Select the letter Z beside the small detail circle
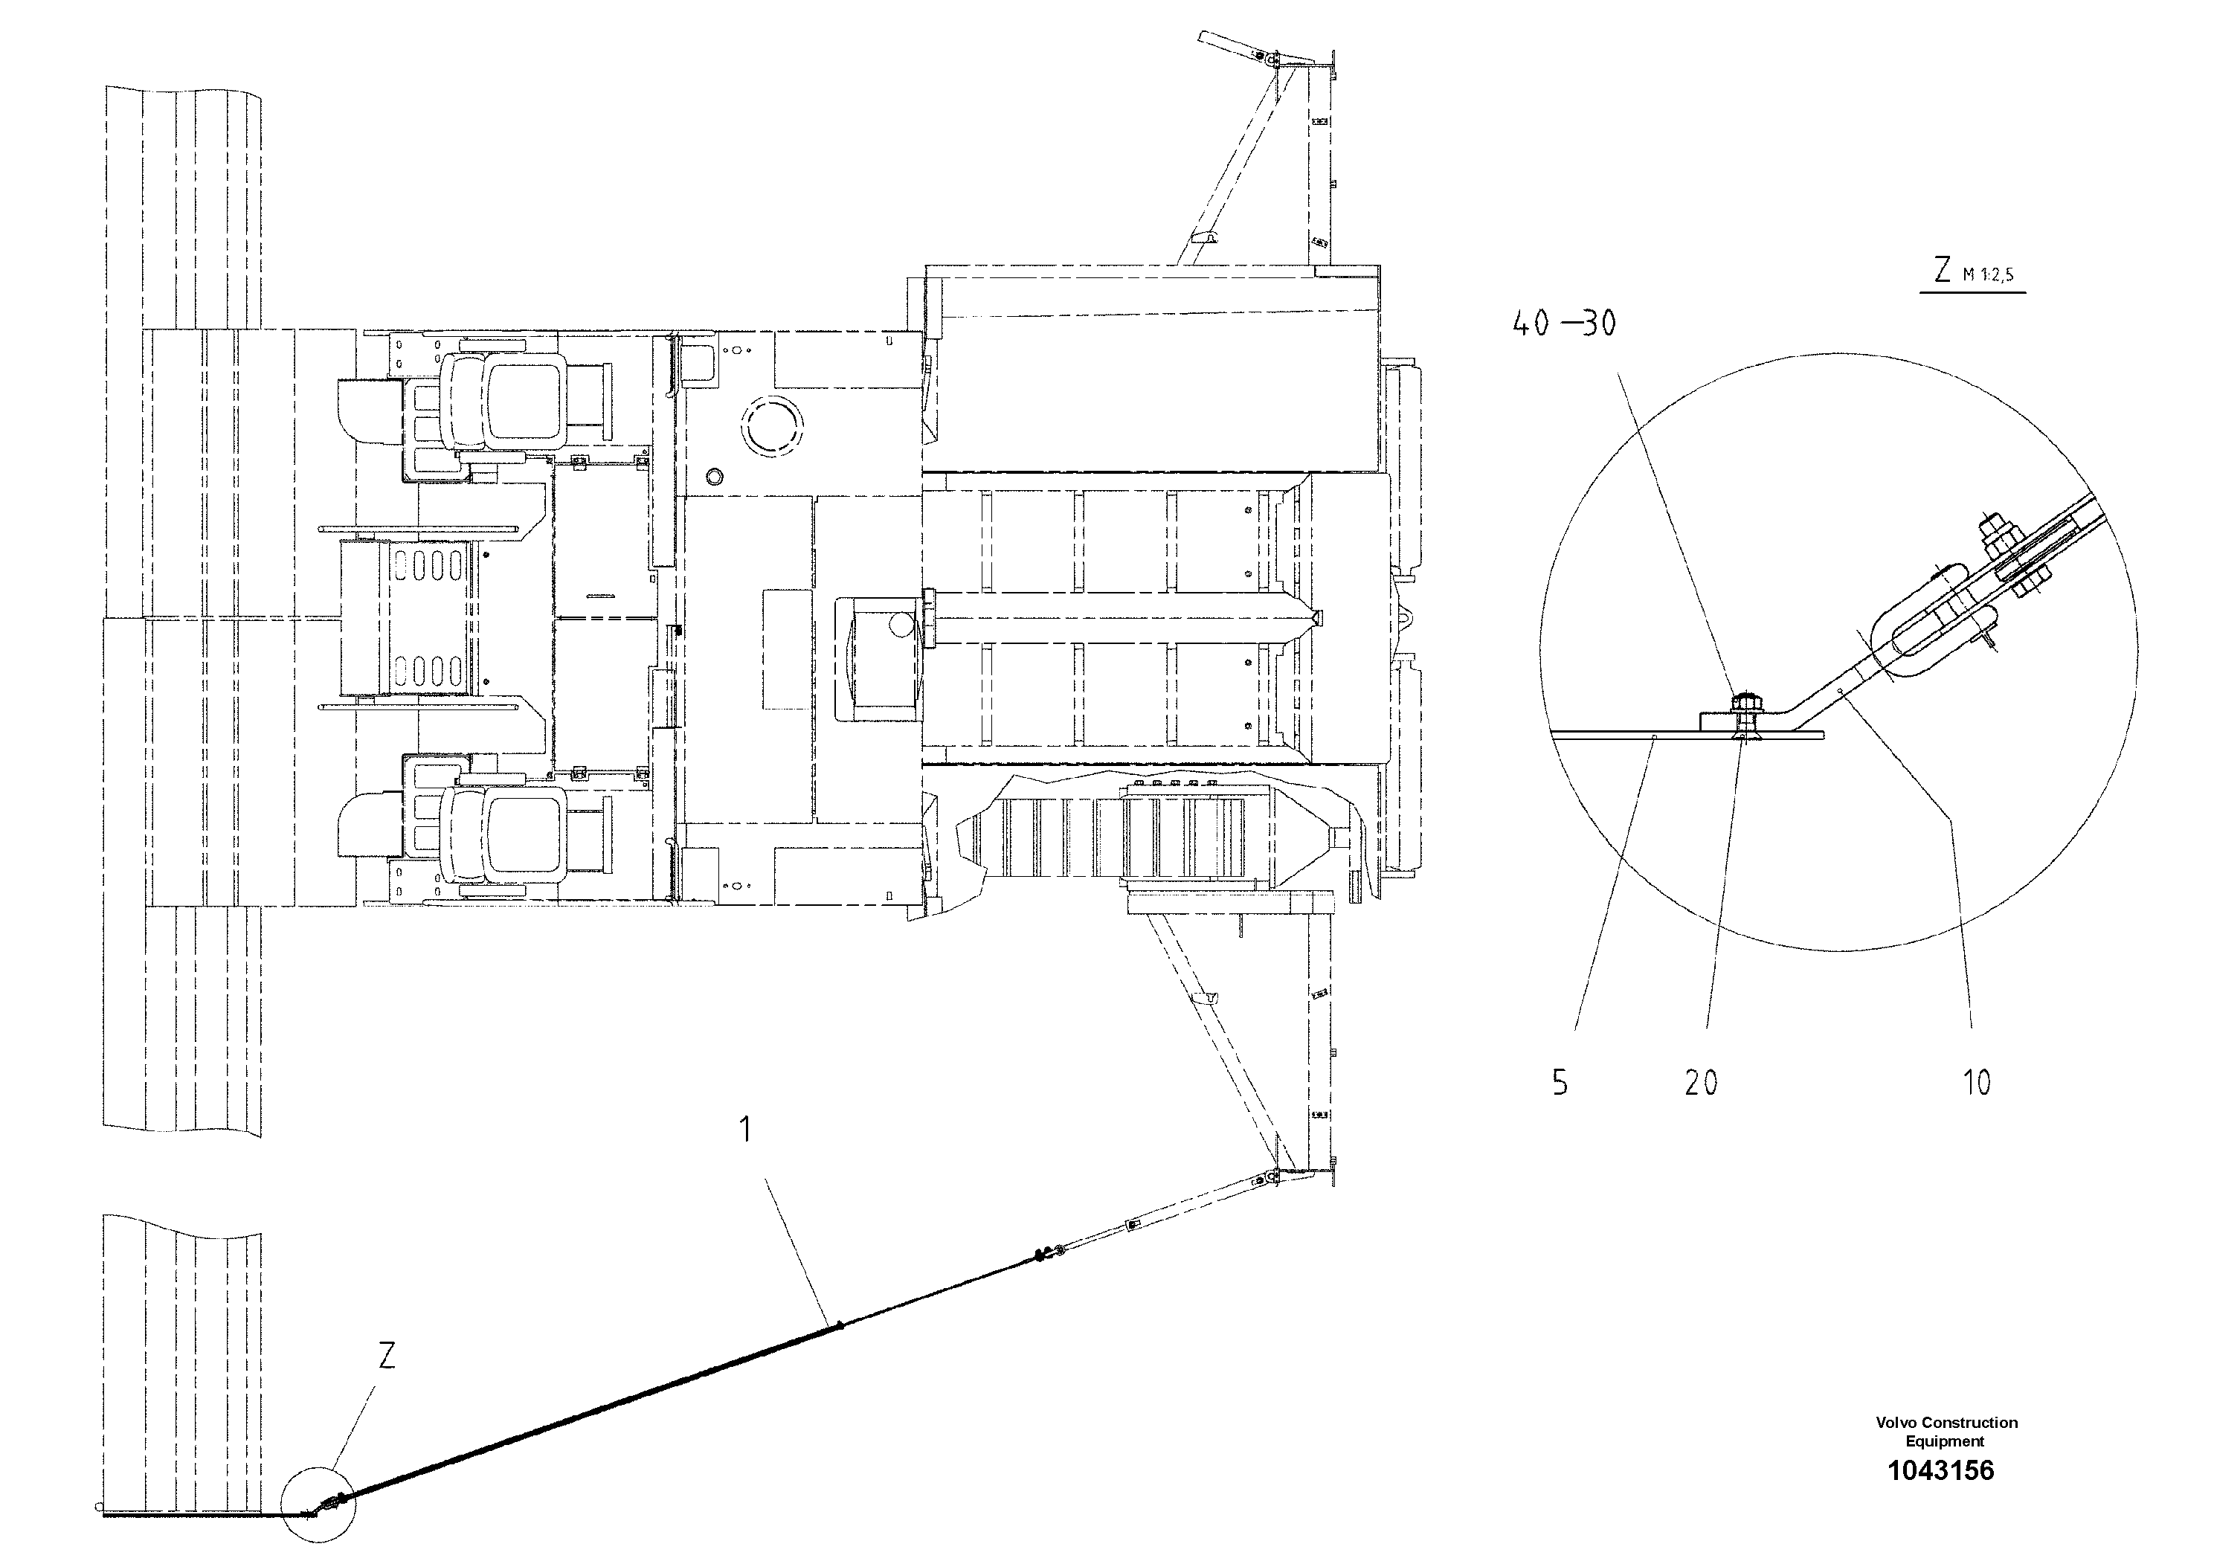(x=386, y=1356)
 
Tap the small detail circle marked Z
(x=318, y=1505)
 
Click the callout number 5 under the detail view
(x=1560, y=1083)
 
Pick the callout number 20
(x=1701, y=1083)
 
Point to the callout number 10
(x=1977, y=1083)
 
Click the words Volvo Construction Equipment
(x=1946, y=1431)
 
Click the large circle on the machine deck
(x=771, y=423)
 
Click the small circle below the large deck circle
(x=715, y=475)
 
